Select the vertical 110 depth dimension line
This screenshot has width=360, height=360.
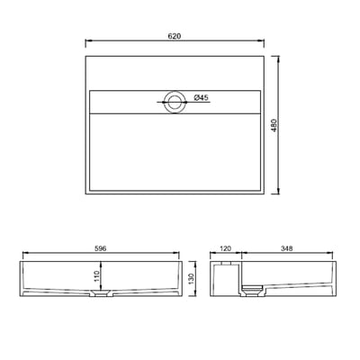coord(104,275)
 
